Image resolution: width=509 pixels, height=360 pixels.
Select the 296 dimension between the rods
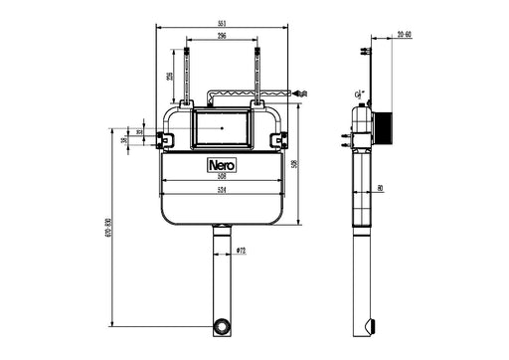pos(222,36)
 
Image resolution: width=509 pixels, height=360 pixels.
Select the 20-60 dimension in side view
pos(404,35)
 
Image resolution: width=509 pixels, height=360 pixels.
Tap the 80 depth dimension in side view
pos(382,186)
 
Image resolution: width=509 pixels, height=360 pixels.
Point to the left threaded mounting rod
pos(186,75)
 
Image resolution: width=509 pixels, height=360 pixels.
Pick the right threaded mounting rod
pos(258,75)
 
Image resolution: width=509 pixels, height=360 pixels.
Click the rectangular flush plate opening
pos(221,127)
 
